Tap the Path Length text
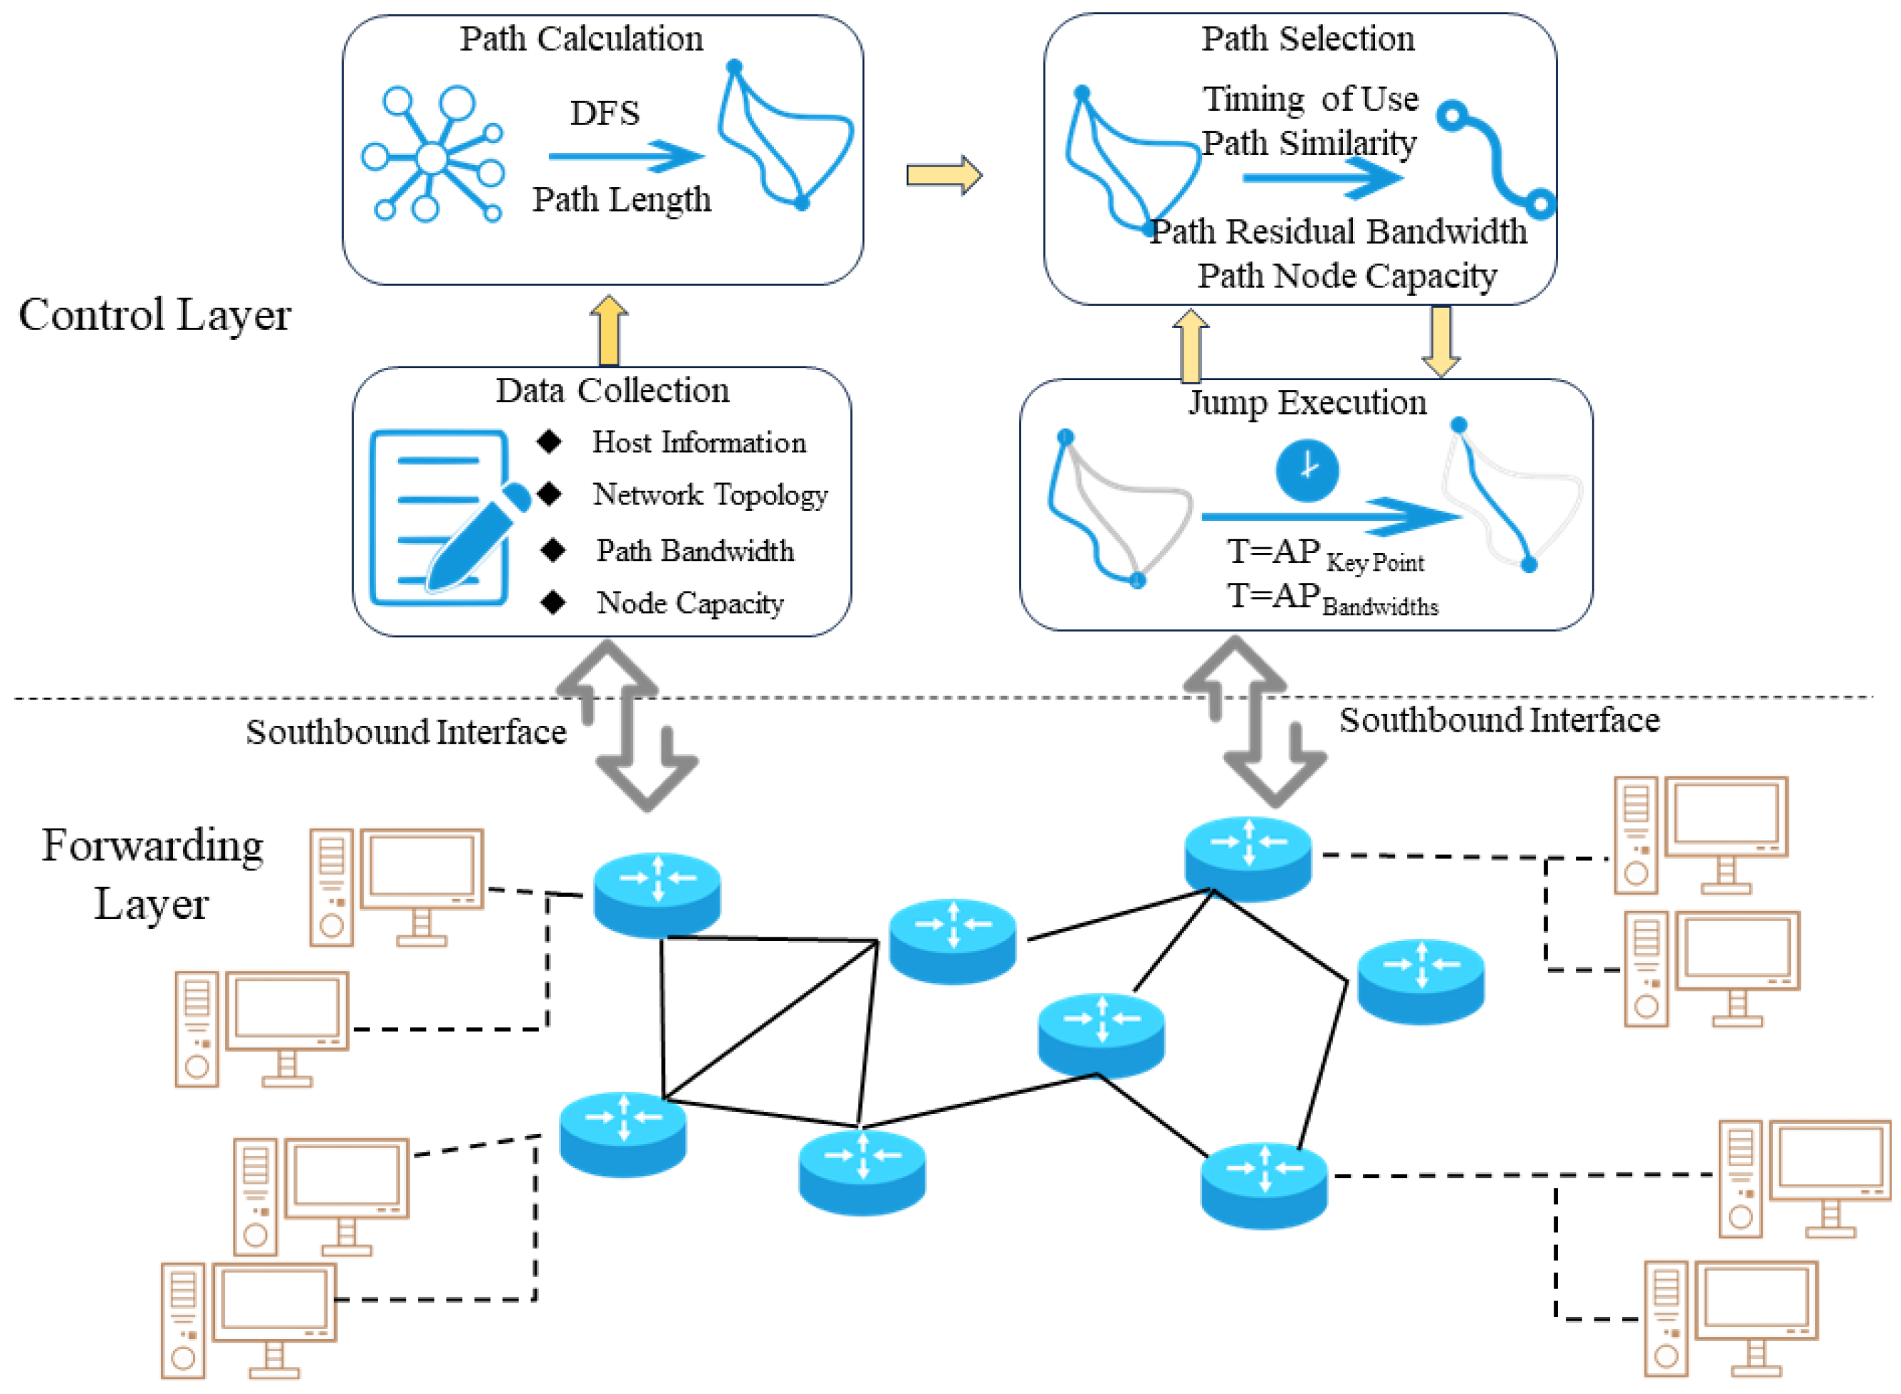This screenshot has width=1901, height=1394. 622,200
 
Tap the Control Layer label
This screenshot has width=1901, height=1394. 155,316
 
